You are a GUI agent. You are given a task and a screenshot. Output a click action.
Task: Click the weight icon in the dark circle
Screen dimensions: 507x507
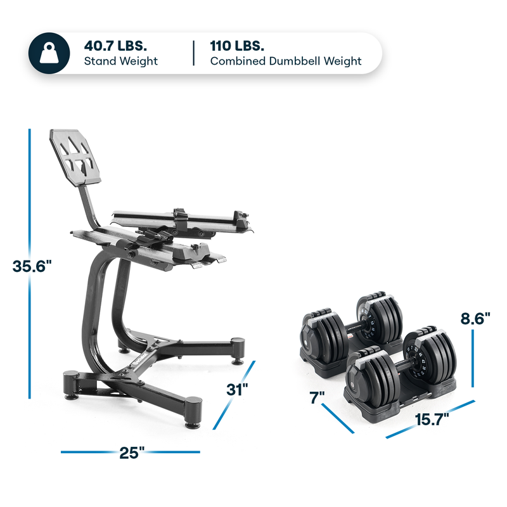(x=53, y=53)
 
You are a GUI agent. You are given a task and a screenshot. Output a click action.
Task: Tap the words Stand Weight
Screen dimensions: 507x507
(x=120, y=61)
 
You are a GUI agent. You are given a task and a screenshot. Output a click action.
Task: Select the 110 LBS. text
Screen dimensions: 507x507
(x=236, y=46)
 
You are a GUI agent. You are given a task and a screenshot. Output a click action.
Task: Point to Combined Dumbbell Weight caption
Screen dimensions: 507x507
(x=285, y=61)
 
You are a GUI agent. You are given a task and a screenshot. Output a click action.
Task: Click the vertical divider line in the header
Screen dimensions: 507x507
(x=194, y=53)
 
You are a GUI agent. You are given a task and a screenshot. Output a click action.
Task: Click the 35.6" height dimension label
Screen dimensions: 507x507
(x=31, y=266)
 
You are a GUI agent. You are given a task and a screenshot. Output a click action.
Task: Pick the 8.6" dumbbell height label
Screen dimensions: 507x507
(x=475, y=319)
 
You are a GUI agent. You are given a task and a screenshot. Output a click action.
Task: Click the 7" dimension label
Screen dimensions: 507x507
(x=317, y=397)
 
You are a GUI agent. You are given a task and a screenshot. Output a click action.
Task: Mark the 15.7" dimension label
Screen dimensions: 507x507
(x=433, y=418)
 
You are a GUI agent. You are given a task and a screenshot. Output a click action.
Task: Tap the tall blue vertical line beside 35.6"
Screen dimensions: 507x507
(x=30, y=190)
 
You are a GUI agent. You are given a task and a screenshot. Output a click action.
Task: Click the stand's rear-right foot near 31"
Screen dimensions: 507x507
(x=238, y=348)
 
